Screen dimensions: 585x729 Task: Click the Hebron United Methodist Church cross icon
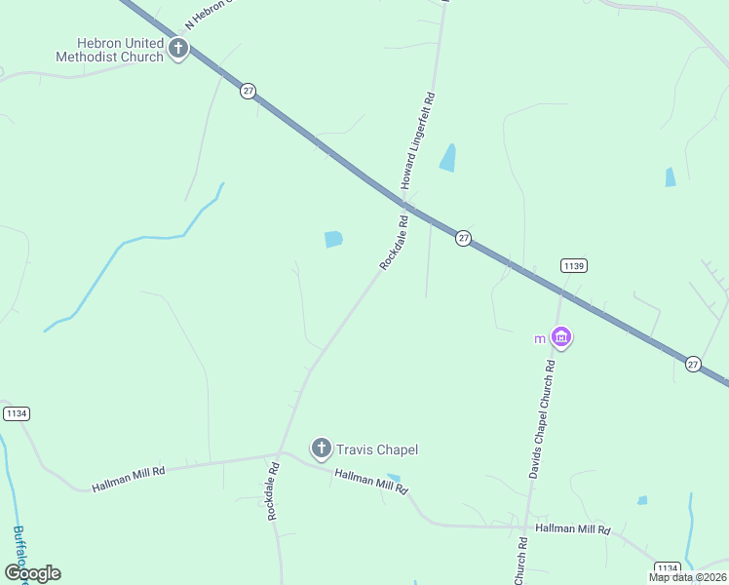click(x=177, y=48)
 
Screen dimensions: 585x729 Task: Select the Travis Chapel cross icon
click(x=321, y=448)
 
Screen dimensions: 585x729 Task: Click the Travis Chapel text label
click(x=377, y=449)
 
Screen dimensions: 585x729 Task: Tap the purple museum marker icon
click(x=560, y=337)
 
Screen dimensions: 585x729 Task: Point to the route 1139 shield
click(x=573, y=265)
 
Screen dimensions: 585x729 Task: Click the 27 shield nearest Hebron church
click(x=249, y=91)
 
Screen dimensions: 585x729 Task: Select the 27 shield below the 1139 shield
click(x=693, y=363)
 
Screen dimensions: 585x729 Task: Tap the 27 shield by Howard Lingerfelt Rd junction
click(x=464, y=238)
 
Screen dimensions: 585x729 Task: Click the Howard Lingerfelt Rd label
click(x=416, y=141)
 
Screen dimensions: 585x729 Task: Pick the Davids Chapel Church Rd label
click(x=541, y=419)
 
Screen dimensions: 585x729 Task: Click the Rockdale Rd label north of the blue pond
click(x=393, y=243)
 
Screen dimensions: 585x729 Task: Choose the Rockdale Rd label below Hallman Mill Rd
click(x=274, y=490)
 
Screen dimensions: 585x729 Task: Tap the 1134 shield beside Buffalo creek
click(x=16, y=413)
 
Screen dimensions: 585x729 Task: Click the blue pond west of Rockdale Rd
click(x=333, y=239)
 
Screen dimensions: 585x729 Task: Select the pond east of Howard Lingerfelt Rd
click(x=448, y=158)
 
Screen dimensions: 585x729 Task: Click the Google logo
click(x=32, y=573)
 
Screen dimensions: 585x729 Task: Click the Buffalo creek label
click(x=19, y=551)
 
